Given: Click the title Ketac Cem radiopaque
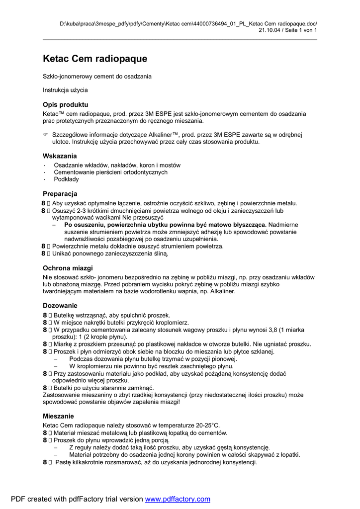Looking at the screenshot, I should (x=95, y=59).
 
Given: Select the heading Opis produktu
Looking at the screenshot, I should (x=66, y=105).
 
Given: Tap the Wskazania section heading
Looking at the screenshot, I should (x=60, y=156).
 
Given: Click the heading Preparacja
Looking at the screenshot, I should (x=60, y=194).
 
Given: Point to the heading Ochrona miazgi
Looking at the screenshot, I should (x=68, y=268).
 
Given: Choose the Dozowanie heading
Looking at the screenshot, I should (x=60, y=306).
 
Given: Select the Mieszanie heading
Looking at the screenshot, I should (x=58, y=416).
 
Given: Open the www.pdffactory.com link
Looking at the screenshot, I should (x=178, y=499).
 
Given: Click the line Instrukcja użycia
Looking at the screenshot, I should (x=65, y=90).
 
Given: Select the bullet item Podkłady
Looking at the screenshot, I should (x=66, y=179).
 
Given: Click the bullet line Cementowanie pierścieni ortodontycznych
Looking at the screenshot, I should (x=110, y=172).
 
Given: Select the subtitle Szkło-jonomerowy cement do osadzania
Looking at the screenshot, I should (x=97, y=77).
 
